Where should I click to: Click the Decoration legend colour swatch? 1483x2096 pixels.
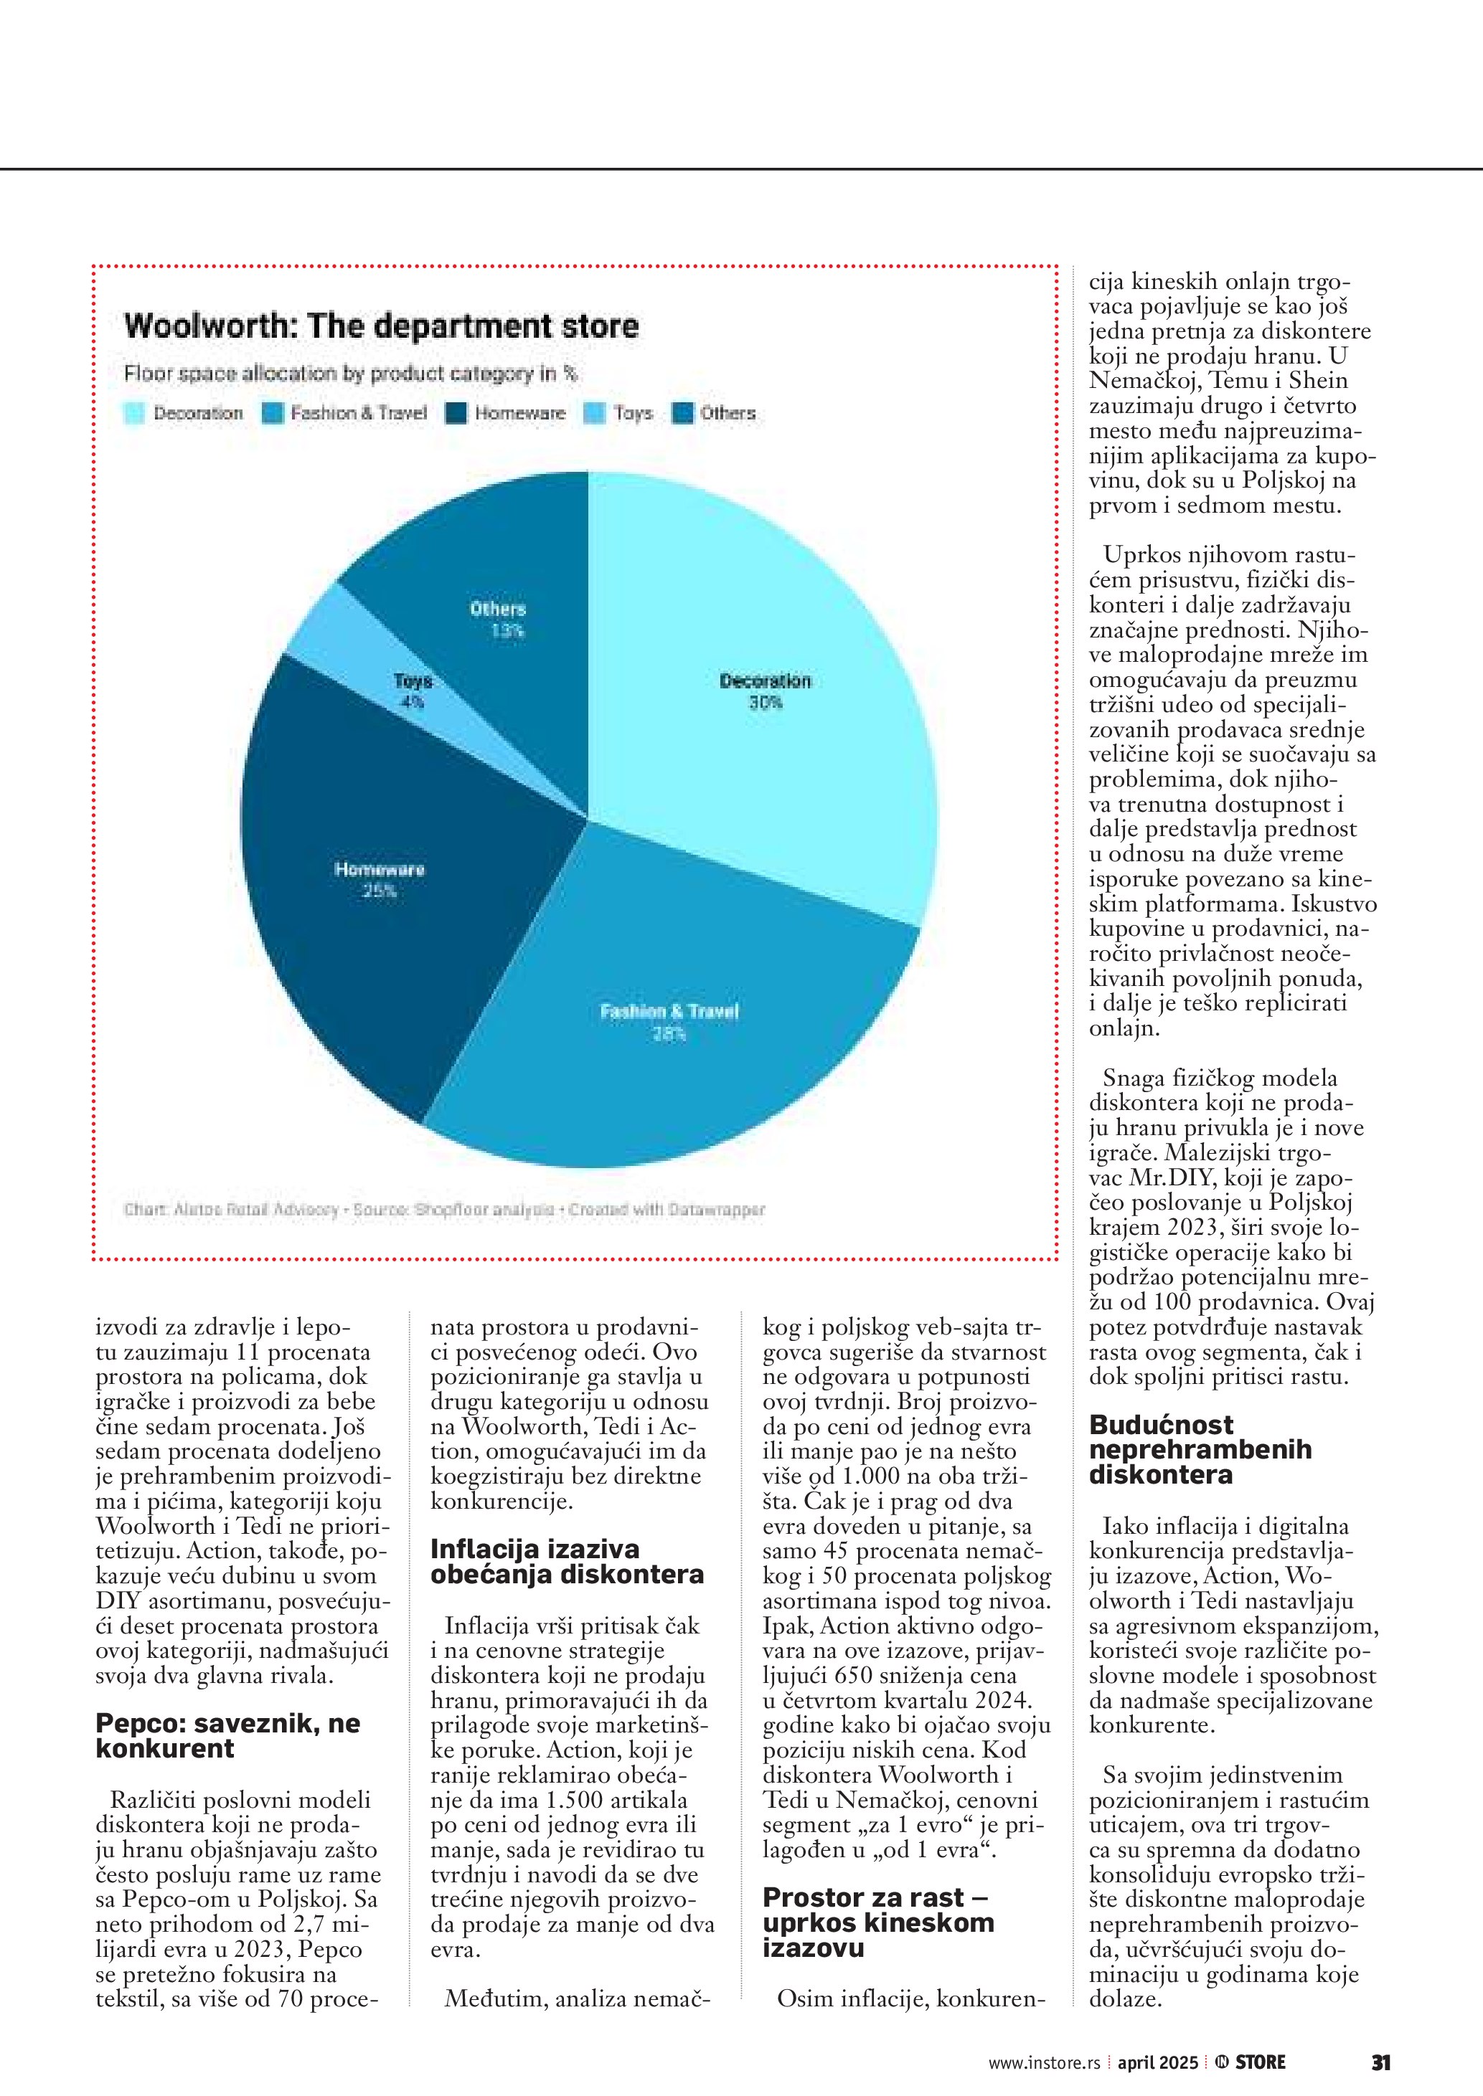[134, 414]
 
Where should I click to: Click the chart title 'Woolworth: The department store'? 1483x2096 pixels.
[381, 326]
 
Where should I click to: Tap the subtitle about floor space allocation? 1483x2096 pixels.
[351, 374]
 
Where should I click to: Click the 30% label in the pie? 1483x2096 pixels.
[766, 703]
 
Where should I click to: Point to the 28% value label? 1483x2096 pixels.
[669, 1034]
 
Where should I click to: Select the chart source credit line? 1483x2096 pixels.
[444, 1210]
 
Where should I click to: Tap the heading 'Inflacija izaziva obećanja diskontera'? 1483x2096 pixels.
[566, 1561]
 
